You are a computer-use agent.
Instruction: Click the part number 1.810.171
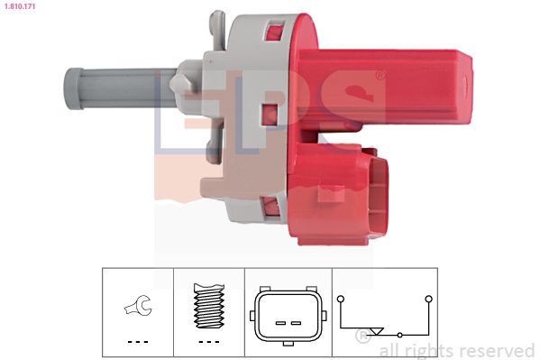[x=20, y=5]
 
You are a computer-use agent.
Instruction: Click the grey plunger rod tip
[x=73, y=88]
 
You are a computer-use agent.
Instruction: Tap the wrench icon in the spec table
[x=138, y=305]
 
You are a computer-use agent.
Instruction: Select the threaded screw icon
[x=209, y=306]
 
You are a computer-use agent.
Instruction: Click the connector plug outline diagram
[x=288, y=316]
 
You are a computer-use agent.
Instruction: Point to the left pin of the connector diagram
[x=280, y=323]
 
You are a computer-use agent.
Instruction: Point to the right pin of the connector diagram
[x=297, y=323]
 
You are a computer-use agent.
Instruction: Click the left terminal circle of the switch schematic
[x=341, y=299]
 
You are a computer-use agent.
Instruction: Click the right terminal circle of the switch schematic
[x=428, y=299]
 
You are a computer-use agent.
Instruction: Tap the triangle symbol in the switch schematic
[x=377, y=331]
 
